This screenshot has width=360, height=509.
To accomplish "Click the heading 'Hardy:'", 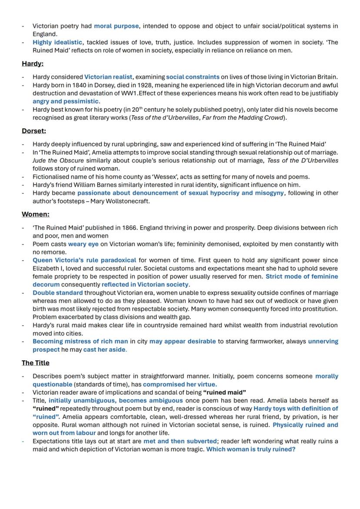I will (x=33, y=64).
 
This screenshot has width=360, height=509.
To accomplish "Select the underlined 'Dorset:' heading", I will (x=34, y=131).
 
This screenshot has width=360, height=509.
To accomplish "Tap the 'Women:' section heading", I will (x=36, y=214).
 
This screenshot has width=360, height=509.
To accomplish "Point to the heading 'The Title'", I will (x=36, y=363).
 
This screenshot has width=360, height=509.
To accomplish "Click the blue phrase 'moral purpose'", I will (x=117, y=26).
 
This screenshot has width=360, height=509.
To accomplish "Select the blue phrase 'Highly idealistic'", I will (x=57, y=42).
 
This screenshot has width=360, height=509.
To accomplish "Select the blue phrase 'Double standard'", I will (x=57, y=293).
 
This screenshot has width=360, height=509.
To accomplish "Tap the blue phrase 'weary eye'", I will (x=83, y=244).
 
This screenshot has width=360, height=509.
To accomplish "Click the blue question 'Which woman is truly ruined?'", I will (x=250, y=449).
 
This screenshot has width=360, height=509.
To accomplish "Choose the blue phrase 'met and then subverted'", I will (x=180, y=441).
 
